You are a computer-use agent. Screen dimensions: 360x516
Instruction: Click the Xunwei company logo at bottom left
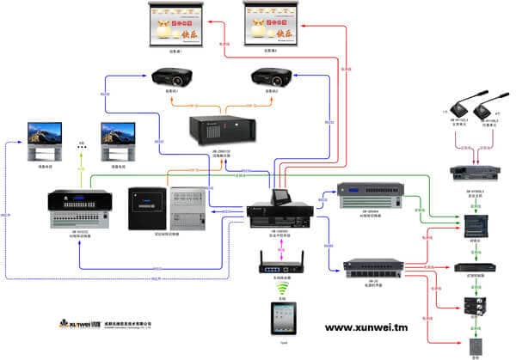coord(82,325)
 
